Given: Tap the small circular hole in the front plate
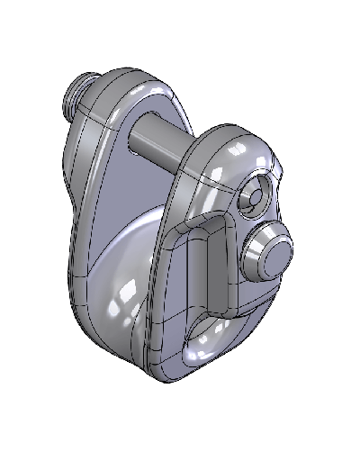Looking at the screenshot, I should [x=255, y=194].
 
